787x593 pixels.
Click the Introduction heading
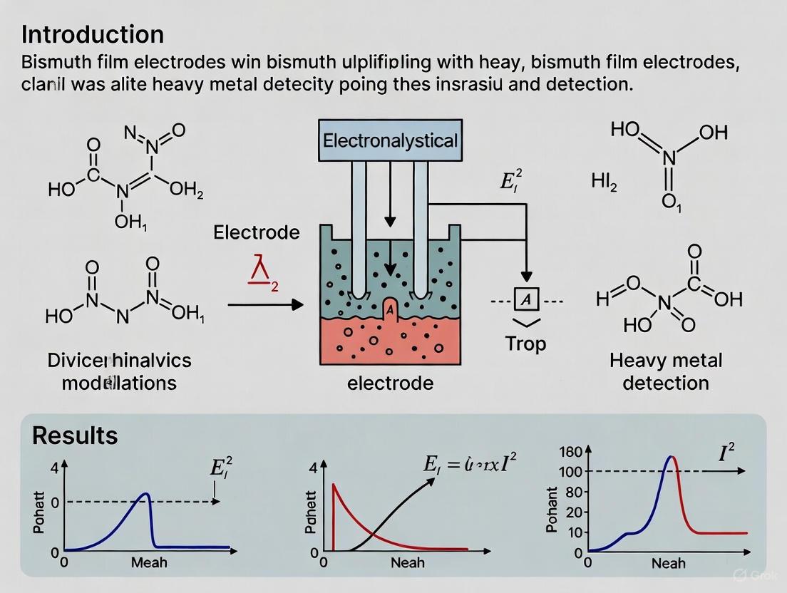93,34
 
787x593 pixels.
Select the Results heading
75,435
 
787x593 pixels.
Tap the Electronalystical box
390,140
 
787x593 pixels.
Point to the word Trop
525,344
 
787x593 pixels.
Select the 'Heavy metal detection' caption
665,371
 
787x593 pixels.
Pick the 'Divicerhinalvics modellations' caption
119,371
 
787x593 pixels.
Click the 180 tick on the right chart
572,451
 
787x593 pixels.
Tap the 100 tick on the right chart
572,471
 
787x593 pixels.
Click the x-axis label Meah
149,562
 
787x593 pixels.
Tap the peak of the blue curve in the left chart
145,493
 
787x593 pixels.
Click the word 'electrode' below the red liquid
390,383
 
